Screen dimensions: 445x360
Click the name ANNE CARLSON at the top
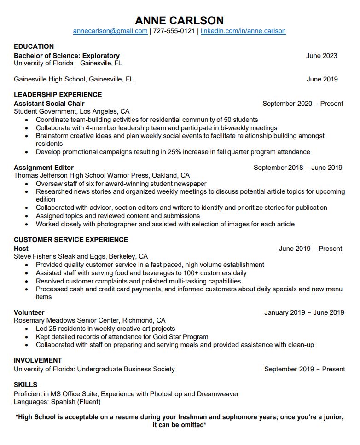(x=180, y=20)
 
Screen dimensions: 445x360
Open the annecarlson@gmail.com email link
(x=110, y=31)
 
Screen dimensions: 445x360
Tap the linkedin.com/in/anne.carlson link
(x=243, y=31)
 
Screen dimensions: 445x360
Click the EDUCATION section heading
(x=34, y=46)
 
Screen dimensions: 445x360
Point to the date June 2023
(x=321, y=56)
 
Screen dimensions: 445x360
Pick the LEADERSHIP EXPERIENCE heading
(x=58, y=95)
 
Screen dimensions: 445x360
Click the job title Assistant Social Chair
(x=49, y=104)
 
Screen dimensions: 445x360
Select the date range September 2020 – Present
(x=302, y=104)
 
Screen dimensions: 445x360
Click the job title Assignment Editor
(x=44, y=168)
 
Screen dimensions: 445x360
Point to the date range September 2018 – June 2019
(x=298, y=168)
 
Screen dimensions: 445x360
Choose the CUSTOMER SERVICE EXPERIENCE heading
(x=71, y=240)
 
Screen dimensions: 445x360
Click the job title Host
(x=21, y=249)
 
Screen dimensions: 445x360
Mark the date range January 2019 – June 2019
(x=304, y=312)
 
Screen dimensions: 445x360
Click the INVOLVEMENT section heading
(x=38, y=360)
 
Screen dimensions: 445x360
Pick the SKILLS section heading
(x=25, y=385)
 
